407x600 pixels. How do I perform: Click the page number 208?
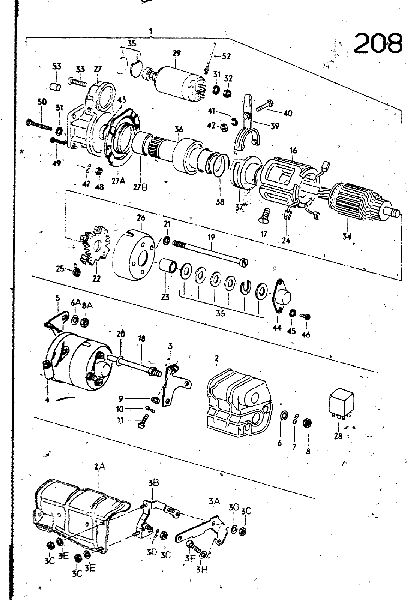point(378,43)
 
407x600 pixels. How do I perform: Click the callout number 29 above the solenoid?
point(176,53)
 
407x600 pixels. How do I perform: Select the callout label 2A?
point(99,466)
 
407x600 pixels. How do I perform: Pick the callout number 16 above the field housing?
point(293,151)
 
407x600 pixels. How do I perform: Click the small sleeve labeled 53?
point(56,87)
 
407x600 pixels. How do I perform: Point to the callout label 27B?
point(140,187)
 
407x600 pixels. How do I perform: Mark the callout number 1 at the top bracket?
point(151,31)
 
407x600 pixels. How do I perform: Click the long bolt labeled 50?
point(39,125)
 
